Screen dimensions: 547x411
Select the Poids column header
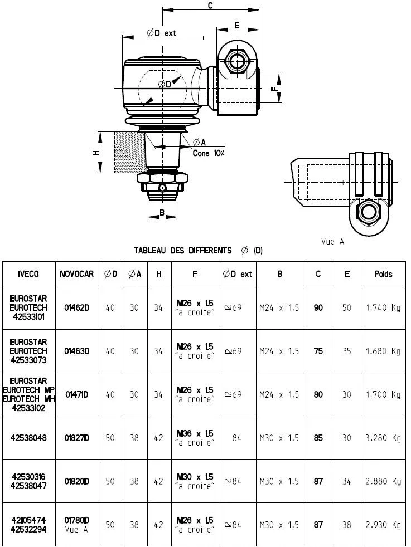pos(383,274)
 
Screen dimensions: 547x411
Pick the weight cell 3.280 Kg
pos(383,438)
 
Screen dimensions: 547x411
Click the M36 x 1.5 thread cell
pos(195,438)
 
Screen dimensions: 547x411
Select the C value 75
pos(318,351)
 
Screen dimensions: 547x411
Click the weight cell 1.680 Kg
pos(383,351)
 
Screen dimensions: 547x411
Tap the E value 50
pos(347,307)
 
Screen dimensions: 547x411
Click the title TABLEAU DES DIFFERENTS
pos(182,251)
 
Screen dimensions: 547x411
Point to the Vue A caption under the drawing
pos(332,241)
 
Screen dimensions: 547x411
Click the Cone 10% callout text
pos(208,153)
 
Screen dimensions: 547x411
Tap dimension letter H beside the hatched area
pos(96,153)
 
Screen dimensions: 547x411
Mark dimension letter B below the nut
pos(162,212)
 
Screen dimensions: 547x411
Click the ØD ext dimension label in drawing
pos(161,33)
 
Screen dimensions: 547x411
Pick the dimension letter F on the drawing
pos(274,89)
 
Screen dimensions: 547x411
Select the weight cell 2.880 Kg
pos(383,481)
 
